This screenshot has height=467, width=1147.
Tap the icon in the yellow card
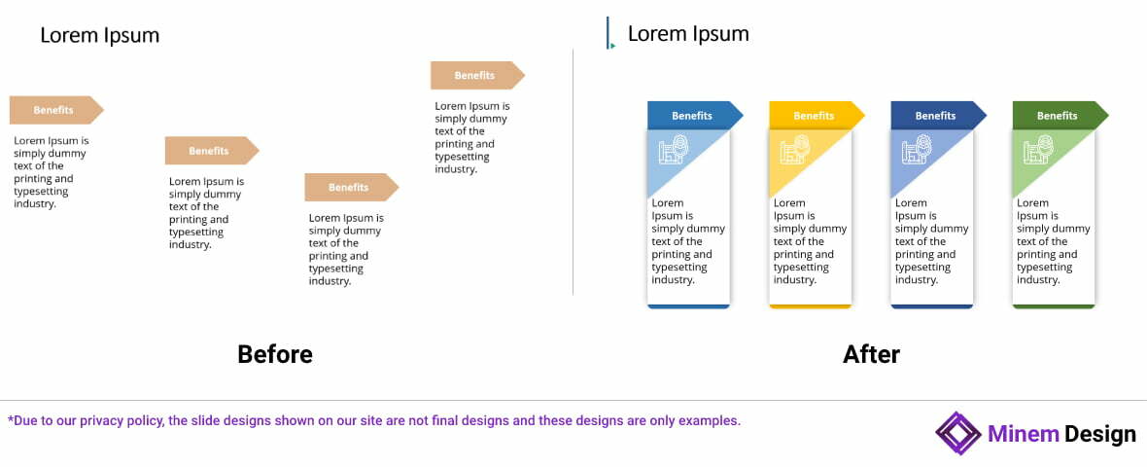point(794,151)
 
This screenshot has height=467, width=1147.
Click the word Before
point(275,354)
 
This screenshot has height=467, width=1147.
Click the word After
point(871,354)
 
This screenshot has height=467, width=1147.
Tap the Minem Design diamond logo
point(957,433)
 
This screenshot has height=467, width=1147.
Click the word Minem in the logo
point(1023,434)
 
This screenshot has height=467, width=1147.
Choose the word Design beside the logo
point(1099,434)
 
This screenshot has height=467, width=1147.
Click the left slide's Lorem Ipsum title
point(99,36)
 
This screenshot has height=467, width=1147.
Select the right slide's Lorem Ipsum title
point(688,34)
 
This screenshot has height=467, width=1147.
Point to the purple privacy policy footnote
point(374,421)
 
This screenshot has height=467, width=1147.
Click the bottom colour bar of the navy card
point(932,306)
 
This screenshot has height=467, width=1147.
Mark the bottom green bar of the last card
point(1054,306)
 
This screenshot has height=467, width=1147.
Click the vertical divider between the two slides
point(573,175)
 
